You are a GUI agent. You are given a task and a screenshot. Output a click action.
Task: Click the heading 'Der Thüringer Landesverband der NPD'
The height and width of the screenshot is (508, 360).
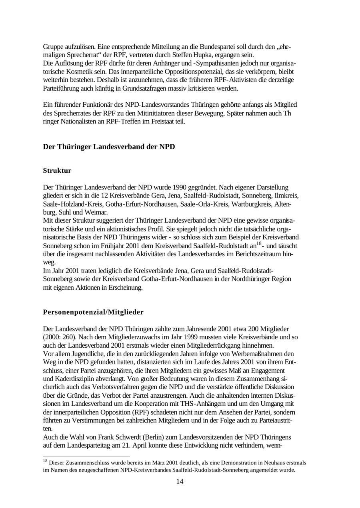109,147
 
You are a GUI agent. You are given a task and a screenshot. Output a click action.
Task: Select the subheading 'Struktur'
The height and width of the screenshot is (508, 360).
57,171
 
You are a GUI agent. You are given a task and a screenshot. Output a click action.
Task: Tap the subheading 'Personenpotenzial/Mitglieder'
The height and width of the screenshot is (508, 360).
93,312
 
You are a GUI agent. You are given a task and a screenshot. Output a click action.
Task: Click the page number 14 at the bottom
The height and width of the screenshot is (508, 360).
180,482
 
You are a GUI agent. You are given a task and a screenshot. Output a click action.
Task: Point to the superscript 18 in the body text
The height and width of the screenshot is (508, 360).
258,243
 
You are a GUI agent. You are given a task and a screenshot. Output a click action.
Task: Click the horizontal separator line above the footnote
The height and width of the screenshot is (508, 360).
86,456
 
